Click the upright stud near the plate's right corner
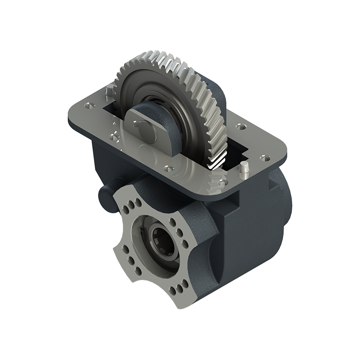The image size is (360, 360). point(245,170)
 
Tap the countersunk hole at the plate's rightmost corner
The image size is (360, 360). point(266,157)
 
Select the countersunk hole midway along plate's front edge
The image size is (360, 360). point(168,169)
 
